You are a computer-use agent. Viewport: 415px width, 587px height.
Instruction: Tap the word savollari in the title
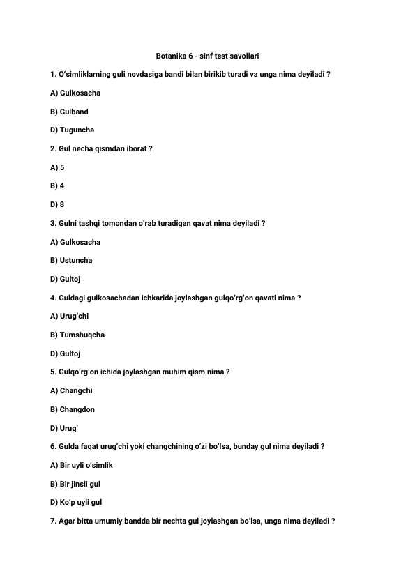click(245, 55)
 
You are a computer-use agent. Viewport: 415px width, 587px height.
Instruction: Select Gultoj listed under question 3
click(70, 279)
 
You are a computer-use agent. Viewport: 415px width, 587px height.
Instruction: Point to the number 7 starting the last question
click(53, 521)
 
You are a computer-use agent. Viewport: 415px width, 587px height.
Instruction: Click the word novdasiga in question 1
click(135, 74)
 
